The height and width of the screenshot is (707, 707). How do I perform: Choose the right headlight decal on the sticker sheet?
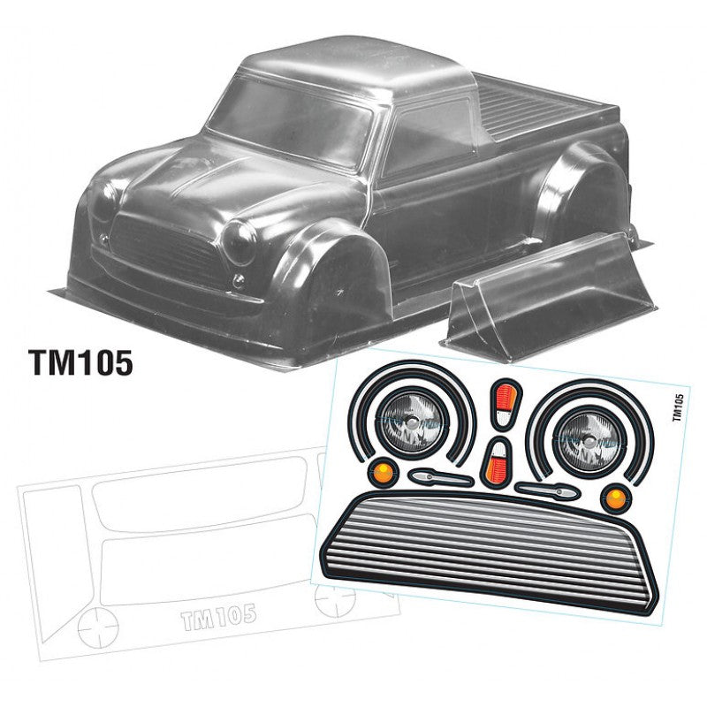tap(585, 431)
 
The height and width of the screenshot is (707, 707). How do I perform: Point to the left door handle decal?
tap(439, 477)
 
